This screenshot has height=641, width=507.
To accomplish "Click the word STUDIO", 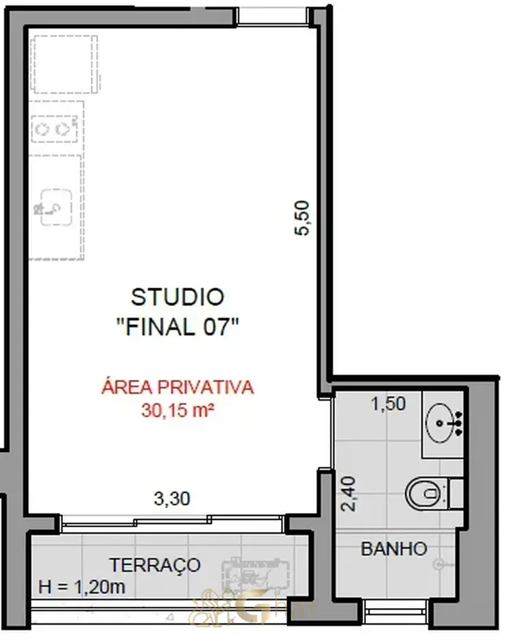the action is click(177, 297).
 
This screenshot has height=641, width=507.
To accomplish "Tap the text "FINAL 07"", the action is click(178, 327).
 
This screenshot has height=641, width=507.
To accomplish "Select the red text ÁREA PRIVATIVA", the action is click(178, 387).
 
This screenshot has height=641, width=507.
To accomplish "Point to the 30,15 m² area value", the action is click(178, 410).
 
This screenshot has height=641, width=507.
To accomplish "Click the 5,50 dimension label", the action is click(303, 218).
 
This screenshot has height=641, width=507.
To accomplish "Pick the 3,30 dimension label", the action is click(172, 499).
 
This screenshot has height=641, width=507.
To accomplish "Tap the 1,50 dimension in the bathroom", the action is click(388, 404).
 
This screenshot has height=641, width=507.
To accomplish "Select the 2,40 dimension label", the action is click(349, 494).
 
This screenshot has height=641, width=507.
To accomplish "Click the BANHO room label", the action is click(394, 549).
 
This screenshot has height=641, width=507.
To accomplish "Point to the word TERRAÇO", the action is click(155, 566).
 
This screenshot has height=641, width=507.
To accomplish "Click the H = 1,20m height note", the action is click(82, 587).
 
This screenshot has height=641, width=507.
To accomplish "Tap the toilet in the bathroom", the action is click(434, 494).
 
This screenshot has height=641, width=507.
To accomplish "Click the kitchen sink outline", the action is click(56, 207).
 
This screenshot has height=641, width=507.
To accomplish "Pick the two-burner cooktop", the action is click(54, 129).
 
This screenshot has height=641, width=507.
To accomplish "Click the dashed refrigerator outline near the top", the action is click(66, 64).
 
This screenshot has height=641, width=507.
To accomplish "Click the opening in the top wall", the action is click(272, 16).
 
